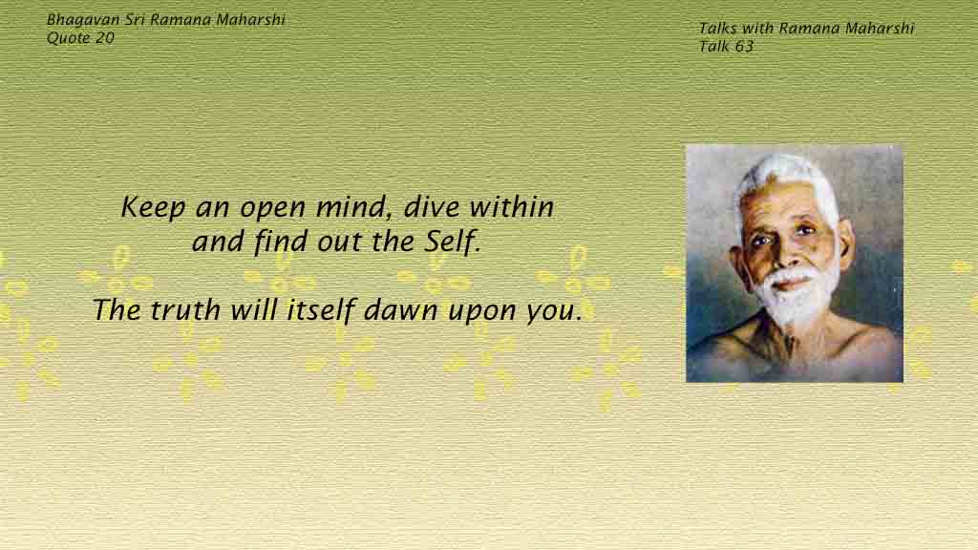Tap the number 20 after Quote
[105, 38]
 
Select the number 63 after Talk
[744, 47]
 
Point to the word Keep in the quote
[153, 207]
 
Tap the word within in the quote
[512, 207]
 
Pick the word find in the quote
[281, 242]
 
